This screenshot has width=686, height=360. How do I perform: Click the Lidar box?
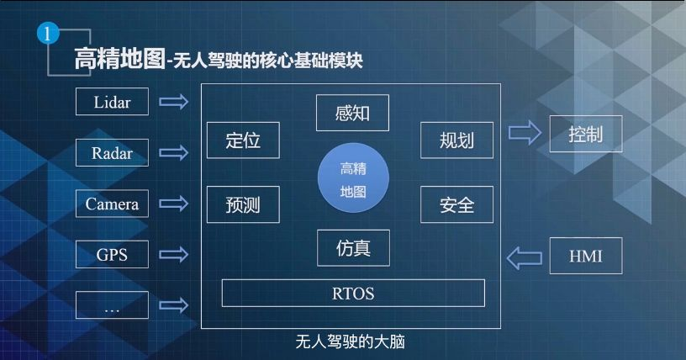coord(112,102)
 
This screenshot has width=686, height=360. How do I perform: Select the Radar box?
coord(112,152)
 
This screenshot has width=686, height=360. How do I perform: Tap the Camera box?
coord(112,204)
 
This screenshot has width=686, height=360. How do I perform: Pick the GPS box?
coord(112,254)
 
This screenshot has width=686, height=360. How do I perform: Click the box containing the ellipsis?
coord(112,305)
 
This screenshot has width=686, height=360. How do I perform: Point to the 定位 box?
coord(243,140)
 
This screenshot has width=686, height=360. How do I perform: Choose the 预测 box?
coord(243,204)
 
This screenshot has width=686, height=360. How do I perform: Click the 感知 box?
coord(352,113)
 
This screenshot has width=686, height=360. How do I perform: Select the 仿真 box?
coord(352,247)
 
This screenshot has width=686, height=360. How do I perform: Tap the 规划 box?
coord(456,140)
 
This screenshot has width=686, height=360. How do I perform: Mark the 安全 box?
coord(456,204)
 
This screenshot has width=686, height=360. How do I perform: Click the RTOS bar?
coord(353,294)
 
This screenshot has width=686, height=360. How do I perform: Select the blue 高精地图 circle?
coord(353,179)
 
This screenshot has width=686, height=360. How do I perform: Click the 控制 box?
coord(585,134)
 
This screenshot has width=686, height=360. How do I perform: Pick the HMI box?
coord(585,256)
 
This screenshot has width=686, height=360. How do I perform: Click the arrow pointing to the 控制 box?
coord(525,133)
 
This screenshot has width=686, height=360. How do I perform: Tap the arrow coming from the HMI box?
coord(525,257)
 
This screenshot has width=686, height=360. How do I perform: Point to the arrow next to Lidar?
coord(174,102)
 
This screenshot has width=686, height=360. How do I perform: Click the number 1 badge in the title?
coord(50,34)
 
